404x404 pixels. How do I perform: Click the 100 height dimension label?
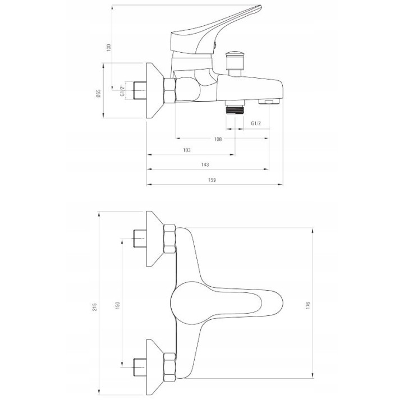[108, 48]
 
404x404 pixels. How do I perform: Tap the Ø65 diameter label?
[98, 93]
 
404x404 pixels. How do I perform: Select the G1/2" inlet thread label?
[122, 91]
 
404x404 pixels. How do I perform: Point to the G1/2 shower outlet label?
[256, 123]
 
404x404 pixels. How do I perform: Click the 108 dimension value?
[218, 139]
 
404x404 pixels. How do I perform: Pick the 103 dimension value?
[186, 150]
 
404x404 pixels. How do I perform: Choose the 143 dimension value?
[205, 164]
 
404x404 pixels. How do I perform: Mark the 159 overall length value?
[212, 180]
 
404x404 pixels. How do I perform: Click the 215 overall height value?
[95, 306]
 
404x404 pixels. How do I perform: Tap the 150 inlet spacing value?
[118, 305]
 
